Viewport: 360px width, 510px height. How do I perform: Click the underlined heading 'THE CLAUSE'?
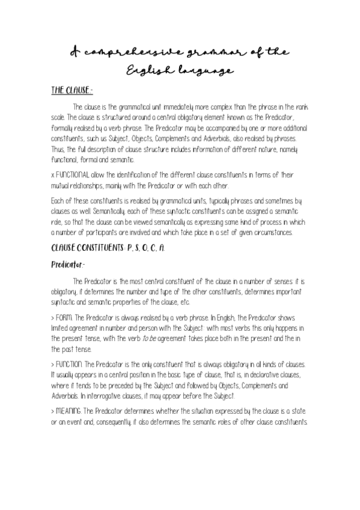tap(70, 91)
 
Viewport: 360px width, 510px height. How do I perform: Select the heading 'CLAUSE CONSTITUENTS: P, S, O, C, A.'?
tap(99, 247)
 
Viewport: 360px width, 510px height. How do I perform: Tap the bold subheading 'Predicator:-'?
tap(70, 263)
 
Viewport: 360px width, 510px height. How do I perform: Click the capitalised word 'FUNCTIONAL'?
tap(73, 175)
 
